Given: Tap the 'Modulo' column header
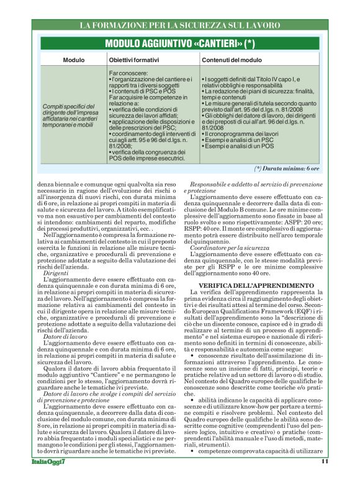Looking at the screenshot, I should (x=73, y=60).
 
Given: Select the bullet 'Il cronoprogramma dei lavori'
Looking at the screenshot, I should (x=241, y=134).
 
